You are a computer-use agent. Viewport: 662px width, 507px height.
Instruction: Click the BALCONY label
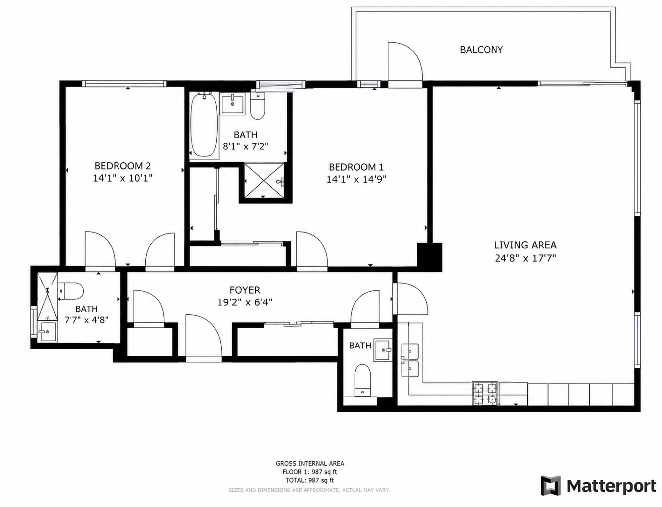[481, 50]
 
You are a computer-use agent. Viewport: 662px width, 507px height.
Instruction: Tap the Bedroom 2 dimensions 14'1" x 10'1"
[122, 178]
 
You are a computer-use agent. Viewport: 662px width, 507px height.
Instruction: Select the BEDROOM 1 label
[356, 167]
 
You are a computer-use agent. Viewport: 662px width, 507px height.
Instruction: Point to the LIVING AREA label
[525, 245]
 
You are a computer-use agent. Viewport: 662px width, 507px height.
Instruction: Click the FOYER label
[245, 290]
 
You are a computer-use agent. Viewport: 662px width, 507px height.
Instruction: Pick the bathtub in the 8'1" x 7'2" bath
[204, 125]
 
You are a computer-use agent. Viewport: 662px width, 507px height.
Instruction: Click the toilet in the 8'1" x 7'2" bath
[258, 106]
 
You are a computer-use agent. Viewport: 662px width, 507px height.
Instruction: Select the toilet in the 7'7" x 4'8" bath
[71, 291]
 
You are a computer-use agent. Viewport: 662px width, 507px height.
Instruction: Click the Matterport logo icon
[551, 485]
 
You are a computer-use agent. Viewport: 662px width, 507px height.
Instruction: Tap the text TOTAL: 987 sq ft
[310, 480]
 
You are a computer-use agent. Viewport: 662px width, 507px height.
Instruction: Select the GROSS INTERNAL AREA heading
[310, 464]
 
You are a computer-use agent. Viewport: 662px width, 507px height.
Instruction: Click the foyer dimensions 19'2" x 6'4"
[245, 302]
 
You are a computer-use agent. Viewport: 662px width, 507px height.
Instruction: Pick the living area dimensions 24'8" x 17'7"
[525, 258]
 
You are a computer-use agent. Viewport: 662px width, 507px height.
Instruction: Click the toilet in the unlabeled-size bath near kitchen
[362, 380]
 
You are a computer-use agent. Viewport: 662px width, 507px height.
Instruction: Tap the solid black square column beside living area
[429, 257]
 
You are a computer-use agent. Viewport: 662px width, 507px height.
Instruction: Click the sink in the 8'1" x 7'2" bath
[232, 104]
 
